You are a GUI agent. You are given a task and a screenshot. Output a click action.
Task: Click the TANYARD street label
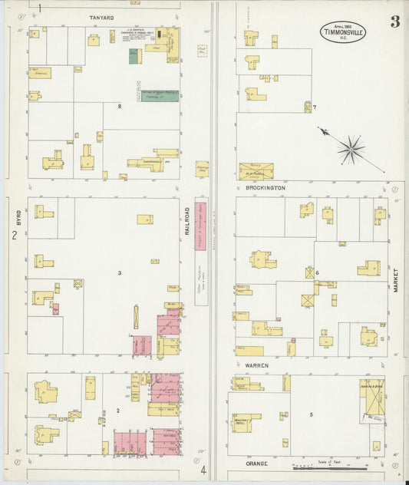click(x=101, y=18)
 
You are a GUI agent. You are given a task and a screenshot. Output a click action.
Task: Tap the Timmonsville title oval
click(x=343, y=31)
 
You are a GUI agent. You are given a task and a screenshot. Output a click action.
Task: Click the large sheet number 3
click(x=394, y=22)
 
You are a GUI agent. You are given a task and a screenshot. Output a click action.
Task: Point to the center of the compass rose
click(x=351, y=148)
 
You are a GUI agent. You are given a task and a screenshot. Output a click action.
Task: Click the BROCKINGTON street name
click(x=266, y=187)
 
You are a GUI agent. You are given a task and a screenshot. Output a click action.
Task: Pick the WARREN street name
click(x=256, y=366)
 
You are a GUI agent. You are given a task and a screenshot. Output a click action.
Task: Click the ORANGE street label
click(x=256, y=464)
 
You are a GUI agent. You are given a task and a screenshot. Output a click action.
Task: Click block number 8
click(x=119, y=106)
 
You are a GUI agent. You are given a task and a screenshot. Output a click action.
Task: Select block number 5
click(x=311, y=414)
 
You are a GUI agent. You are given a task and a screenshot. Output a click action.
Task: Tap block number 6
click(x=316, y=272)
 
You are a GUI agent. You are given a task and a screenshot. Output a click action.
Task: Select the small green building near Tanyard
click(x=134, y=57)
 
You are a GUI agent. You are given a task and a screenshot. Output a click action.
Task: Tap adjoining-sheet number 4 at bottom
click(x=203, y=470)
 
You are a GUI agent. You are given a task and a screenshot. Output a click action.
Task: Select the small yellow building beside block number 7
click(x=308, y=107)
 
